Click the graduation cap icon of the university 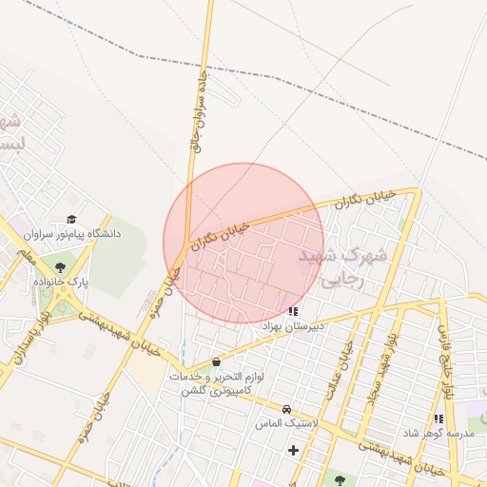[71, 220]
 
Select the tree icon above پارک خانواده [61, 268]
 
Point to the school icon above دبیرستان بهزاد [293, 311]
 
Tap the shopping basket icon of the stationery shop [217, 361]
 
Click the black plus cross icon [293, 450]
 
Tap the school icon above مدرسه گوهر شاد [438, 419]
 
